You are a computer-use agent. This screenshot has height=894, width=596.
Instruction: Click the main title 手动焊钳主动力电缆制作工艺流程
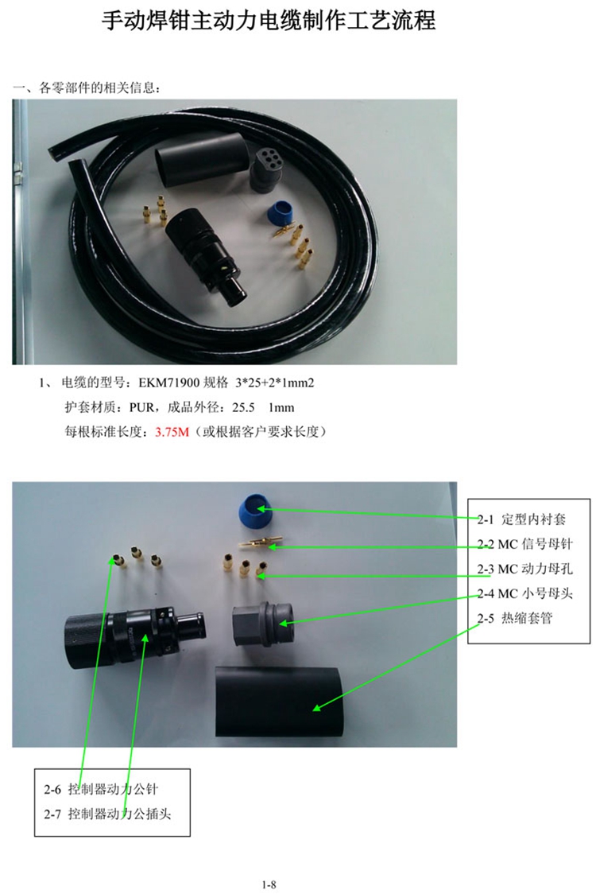(x=269, y=21)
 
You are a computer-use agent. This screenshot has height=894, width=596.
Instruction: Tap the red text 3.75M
(x=172, y=432)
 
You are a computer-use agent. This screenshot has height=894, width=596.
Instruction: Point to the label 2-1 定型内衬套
(x=521, y=519)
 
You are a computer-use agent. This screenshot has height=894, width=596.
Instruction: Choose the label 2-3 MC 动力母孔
(x=524, y=569)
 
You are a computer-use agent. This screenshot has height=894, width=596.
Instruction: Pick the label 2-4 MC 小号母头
(x=524, y=593)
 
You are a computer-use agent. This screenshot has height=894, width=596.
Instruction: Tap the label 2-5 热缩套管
(x=515, y=618)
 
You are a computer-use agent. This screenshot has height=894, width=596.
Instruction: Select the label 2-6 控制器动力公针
(x=101, y=789)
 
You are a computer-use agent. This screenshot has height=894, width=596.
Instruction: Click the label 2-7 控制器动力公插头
(x=108, y=814)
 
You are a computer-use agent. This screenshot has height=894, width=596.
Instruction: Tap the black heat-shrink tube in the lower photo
(x=278, y=701)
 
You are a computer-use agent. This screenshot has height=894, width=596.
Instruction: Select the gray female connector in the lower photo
(x=263, y=624)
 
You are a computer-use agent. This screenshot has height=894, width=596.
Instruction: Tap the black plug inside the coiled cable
(x=207, y=255)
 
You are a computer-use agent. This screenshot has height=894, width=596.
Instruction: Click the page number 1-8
(x=269, y=884)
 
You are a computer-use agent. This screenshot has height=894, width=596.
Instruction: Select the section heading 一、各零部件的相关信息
(x=87, y=87)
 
